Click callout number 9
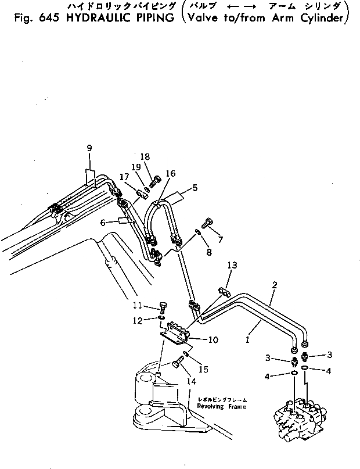coord(89,148)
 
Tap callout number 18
coord(145,156)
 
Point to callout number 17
coord(125,177)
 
